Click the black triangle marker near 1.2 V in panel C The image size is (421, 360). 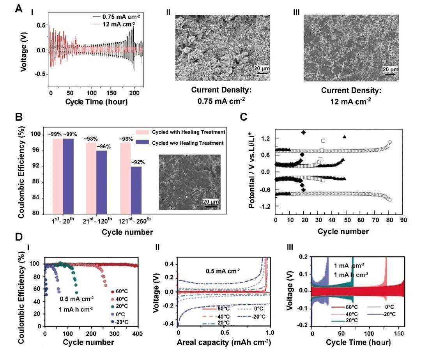click(345, 137)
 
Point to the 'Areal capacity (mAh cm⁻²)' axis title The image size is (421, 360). click(223, 342)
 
